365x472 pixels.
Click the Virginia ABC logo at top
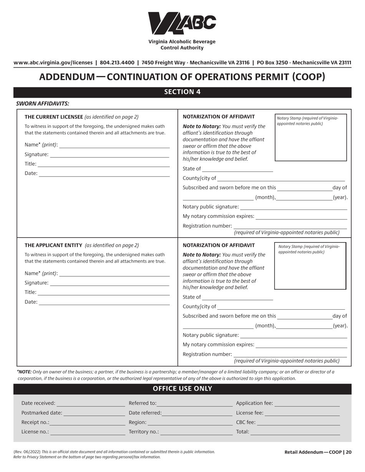[182, 23]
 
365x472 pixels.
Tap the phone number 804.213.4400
[117, 63]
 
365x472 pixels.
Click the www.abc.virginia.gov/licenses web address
[53, 63]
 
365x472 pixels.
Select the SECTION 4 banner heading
[182, 92]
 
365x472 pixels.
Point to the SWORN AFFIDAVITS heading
[43, 104]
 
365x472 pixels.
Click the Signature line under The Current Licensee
[109, 154]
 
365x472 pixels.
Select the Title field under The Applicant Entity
[104, 292]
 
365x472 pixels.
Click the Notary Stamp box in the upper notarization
[310, 137]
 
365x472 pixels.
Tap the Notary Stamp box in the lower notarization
[310, 266]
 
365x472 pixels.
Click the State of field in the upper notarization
[237, 168]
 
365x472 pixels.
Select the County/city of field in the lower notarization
[281, 306]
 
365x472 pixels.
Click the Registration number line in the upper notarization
[290, 226]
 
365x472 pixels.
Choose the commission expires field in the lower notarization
[301, 345]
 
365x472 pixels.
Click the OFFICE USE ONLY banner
[182, 389]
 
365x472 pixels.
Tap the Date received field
[91, 403]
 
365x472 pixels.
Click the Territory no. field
[196, 432]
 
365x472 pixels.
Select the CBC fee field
[299, 422]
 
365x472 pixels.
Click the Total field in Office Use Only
[295, 432]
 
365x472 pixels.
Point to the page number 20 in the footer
[348, 452]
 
